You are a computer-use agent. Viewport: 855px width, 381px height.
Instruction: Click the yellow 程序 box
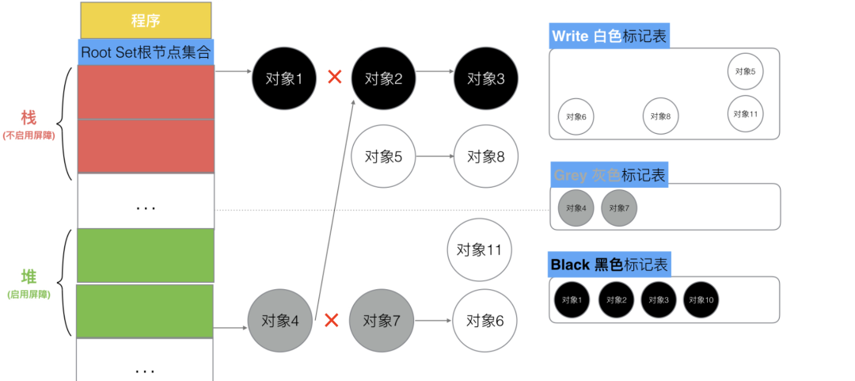146,21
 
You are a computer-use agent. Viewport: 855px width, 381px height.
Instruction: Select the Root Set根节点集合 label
146,52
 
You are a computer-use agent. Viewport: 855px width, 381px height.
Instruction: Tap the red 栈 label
28,118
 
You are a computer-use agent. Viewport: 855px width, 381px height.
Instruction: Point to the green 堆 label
28,276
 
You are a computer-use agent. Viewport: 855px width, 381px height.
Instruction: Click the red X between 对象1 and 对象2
334,78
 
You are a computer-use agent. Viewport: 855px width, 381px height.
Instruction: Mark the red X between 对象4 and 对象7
332,321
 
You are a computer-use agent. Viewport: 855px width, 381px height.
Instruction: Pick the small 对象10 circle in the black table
701,299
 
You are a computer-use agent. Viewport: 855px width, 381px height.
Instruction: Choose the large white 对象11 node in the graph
480,250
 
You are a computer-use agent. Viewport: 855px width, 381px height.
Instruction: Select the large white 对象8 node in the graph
485,157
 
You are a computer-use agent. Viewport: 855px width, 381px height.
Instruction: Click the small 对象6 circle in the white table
576,116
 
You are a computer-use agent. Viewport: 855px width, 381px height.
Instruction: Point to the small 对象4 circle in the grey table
576,208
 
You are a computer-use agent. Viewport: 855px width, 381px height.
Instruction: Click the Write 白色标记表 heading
610,36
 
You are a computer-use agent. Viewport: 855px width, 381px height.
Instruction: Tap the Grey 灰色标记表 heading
610,174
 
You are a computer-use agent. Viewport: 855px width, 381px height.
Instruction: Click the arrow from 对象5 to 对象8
435,157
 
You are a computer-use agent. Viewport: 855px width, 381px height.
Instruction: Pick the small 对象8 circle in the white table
660,116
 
